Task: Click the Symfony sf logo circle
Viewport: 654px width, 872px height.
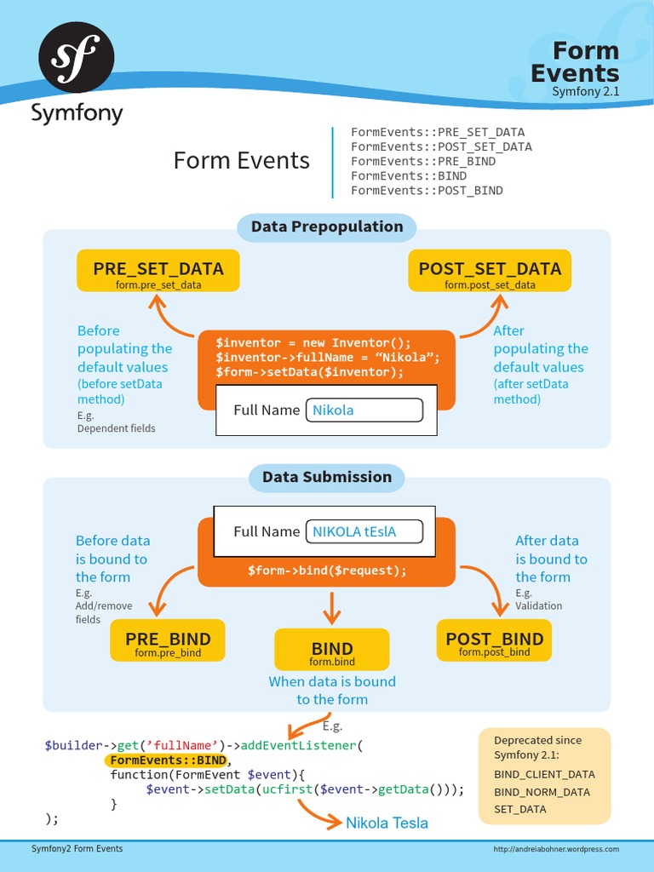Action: pos(77,58)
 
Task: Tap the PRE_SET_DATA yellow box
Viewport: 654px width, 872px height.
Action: pos(158,272)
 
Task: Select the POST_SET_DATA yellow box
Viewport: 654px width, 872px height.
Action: pos(490,272)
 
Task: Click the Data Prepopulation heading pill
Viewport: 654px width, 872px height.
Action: pos(327,227)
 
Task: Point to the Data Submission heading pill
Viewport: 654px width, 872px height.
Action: pos(327,477)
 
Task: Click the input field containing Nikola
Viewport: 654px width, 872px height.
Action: pos(364,410)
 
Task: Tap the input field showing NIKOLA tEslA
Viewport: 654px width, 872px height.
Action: pos(364,531)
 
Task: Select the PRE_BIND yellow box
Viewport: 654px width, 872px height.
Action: pos(168,643)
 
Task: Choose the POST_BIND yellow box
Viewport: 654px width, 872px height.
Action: pos(494,643)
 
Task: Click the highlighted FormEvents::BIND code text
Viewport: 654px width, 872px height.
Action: pos(168,760)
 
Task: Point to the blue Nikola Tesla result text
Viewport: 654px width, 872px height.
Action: pos(387,823)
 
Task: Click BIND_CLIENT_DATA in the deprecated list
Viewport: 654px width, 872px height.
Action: pos(544,774)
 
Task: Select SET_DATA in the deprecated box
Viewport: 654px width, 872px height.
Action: pos(520,809)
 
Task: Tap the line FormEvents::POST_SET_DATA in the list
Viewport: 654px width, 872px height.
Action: pos(441,146)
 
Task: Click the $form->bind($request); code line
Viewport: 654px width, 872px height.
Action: pos(327,571)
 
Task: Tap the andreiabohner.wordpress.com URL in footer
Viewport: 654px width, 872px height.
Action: pos(557,849)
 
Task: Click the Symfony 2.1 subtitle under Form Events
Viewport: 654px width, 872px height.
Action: pos(585,91)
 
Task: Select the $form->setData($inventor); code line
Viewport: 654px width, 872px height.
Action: pos(310,372)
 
